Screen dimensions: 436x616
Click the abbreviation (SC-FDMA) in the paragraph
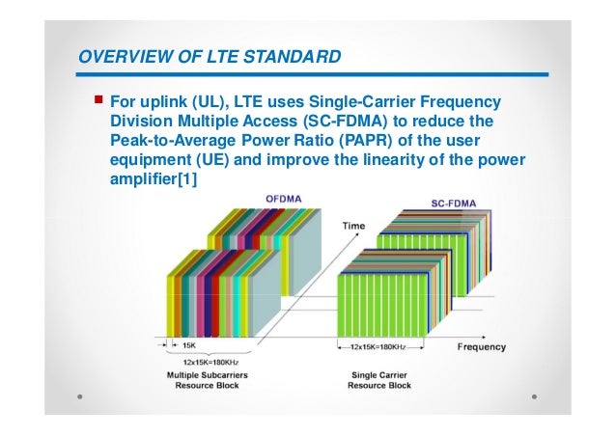382,123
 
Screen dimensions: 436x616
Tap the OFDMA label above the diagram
285,199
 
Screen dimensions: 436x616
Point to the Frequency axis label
481,345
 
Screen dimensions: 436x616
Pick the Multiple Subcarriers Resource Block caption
206,379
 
